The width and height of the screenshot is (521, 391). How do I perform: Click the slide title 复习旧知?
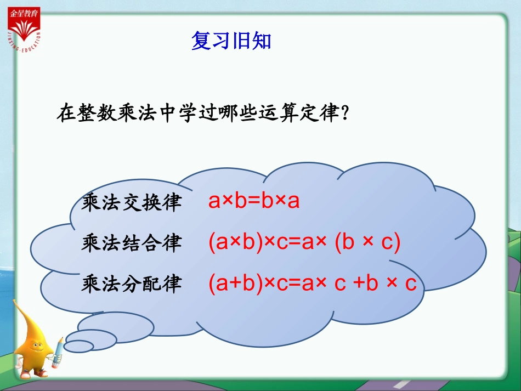[x=231, y=41]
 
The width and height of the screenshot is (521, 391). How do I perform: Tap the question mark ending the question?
[x=346, y=114]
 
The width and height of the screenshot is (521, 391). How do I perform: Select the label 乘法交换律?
[x=131, y=202]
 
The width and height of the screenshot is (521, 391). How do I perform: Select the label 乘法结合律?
[x=131, y=243]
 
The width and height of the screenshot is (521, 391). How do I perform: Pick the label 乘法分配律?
[x=131, y=284]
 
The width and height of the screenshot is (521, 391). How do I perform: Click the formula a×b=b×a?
[x=254, y=201]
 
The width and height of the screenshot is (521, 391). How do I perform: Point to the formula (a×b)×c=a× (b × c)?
[x=304, y=242]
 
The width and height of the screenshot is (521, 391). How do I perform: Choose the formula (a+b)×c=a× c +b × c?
[x=313, y=283]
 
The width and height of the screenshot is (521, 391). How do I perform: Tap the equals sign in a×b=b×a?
[x=254, y=202]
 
